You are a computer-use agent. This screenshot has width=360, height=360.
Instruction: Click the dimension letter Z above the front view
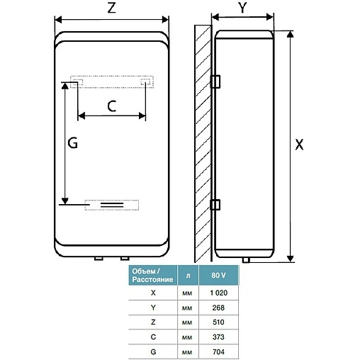click(x=111, y=8)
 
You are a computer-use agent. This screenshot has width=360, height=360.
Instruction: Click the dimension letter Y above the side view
click(x=242, y=7)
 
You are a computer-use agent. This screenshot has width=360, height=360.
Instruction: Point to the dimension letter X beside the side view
click(x=299, y=145)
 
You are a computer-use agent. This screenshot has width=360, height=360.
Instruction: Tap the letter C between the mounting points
click(x=112, y=106)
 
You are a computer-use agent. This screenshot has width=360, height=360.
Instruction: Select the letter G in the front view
click(x=72, y=142)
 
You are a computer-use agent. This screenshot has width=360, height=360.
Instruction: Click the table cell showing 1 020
click(x=219, y=293)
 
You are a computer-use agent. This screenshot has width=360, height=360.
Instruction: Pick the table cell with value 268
click(x=219, y=308)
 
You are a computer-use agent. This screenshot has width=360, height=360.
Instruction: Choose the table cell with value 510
click(x=219, y=322)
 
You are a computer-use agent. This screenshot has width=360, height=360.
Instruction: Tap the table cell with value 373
click(x=219, y=337)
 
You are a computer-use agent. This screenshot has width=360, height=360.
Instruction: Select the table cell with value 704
click(x=219, y=351)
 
